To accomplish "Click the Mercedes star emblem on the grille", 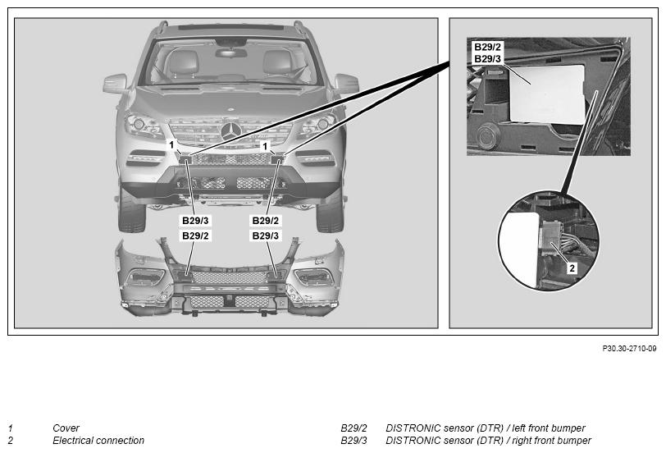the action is coord(231,130).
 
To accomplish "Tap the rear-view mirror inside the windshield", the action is coord(230,53).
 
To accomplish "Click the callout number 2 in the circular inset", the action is coord(572,268).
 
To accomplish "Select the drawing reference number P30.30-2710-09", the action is coord(629,349).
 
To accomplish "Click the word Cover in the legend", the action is coord(66,428).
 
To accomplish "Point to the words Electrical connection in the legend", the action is coord(98,441).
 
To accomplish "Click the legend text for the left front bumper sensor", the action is coord(485,428).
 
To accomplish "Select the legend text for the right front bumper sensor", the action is coord(488,441).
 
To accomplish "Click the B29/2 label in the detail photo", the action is coord(487,47).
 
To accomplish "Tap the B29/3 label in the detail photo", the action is coord(487,58).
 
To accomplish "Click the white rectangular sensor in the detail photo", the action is coord(547,94).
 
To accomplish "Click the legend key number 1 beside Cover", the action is coord(10,428).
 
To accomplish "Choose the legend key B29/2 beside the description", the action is coord(354,428).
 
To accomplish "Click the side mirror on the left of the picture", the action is coord(115,83).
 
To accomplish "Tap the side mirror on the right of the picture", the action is coord(347,83).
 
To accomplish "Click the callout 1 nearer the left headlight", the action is coord(171,145).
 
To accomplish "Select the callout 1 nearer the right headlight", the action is coord(265,146).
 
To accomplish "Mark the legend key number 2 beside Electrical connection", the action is coord(10,441).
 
